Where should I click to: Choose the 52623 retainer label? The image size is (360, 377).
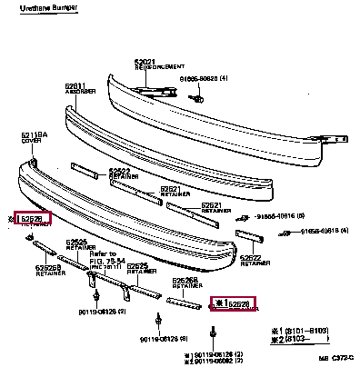(x=121, y=172)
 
